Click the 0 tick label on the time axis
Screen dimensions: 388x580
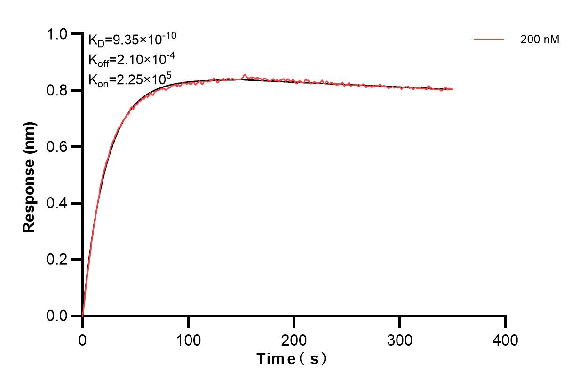[x=83, y=339]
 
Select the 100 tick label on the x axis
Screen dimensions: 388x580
[x=188, y=339]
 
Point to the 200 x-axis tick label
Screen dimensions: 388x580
[x=294, y=339]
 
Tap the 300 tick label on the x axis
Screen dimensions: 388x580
[x=400, y=339]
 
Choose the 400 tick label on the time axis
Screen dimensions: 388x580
[x=505, y=339]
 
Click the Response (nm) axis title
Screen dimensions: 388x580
[x=29, y=176]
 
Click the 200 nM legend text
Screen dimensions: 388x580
[x=540, y=40]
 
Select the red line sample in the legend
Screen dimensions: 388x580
[x=489, y=40]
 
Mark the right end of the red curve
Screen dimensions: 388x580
[x=452, y=89]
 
